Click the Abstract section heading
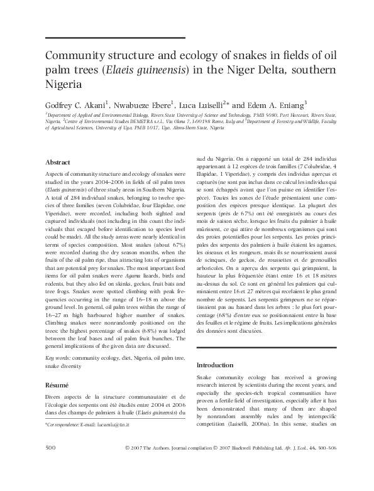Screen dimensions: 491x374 pos(57,162)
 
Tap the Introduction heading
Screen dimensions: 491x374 pos(216,365)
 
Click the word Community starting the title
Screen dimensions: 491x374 pos(77,55)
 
